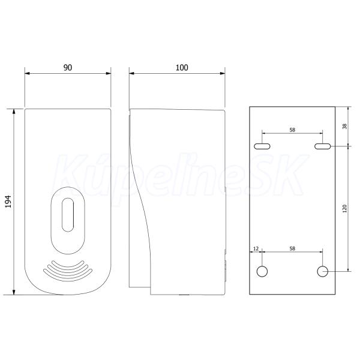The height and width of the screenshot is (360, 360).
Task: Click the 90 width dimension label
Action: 68,67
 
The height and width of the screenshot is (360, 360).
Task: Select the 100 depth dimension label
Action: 182,67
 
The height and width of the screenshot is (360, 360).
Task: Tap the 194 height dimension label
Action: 8,202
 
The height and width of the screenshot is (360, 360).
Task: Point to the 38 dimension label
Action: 344,126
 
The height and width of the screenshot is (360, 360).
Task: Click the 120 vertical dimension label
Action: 344,208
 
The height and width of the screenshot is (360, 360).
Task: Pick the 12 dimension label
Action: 256,248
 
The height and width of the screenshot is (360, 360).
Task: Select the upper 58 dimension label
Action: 292,130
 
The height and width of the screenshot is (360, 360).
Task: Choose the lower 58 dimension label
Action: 292,248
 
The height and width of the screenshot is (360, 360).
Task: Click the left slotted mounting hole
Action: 262,146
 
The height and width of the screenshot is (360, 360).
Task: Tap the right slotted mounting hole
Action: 323,146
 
